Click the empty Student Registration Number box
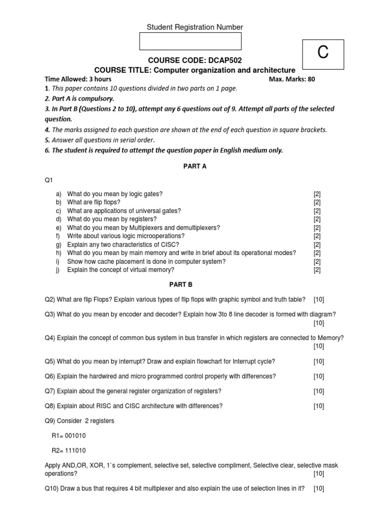point(190,41)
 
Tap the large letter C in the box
point(323,52)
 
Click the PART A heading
point(195,166)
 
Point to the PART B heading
point(195,285)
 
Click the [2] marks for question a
point(317,194)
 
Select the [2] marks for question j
point(317,270)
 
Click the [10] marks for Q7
point(318,391)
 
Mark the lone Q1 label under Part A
point(49,181)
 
